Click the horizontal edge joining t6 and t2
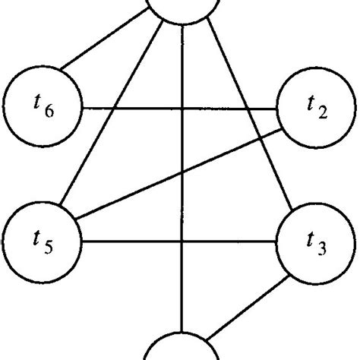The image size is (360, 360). point(137,108)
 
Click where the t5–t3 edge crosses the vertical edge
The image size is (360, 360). point(182,243)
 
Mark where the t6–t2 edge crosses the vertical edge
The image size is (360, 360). point(182,108)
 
